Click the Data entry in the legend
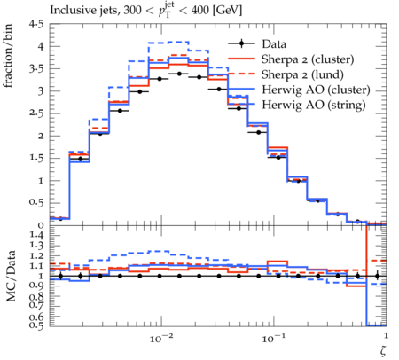(274, 44)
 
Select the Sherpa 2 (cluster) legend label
(308, 59)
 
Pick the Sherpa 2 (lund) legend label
(302, 74)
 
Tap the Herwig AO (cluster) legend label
(316, 90)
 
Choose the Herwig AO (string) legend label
(314, 105)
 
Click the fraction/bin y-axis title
(8, 56)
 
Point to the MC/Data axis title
(11, 276)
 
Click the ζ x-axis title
(383, 350)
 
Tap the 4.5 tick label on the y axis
(35, 24)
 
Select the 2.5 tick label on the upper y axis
(35, 113)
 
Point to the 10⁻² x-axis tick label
(161, 338)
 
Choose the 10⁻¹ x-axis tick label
(273, 338)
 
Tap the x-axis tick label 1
(386, 335)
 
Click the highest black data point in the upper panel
(179, 74)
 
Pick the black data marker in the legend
(241, 43)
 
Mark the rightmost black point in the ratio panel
(377, 277)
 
